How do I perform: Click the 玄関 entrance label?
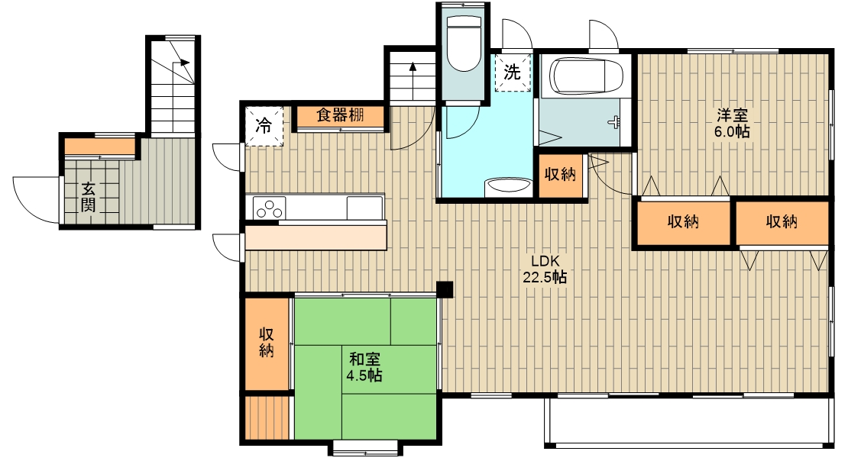(x=88, y=197)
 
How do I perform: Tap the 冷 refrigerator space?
(x=264, y=127)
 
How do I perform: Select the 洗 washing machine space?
(x=512, y=72)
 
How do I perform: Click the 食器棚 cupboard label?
(x=340, y=115)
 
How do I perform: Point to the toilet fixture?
(x=464, y=44)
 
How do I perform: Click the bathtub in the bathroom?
(x=584, y=76)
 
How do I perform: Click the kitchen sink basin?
(x=364, y=208)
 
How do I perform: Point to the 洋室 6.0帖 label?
(x=732, y=123)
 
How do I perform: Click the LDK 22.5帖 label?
(x=545, y=269)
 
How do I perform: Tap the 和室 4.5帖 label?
(x=364, y=367)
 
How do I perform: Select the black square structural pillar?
(x=445, y=290)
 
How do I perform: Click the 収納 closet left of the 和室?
(x=266, y=343)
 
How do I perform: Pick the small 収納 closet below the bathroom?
(x=560, y=175)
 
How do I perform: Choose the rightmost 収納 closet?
(x=782, y=222)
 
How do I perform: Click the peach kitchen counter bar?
(x=316, y=238)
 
